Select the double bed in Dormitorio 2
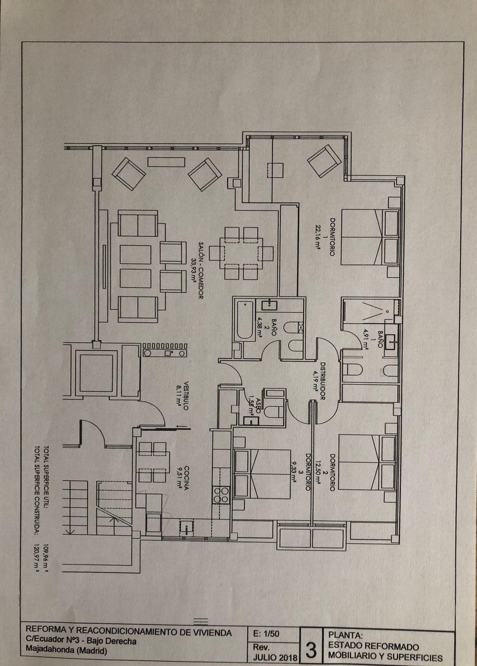click(360, 463)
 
